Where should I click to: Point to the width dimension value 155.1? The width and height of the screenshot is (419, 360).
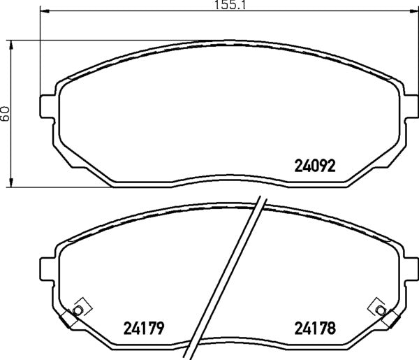pyautogui.click(x=228, y=5)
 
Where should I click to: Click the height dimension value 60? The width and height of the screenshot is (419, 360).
pyautogui.click(x=6, y=114)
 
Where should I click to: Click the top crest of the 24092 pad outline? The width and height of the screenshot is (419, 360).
pyautogui.click(x=228, y=42)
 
